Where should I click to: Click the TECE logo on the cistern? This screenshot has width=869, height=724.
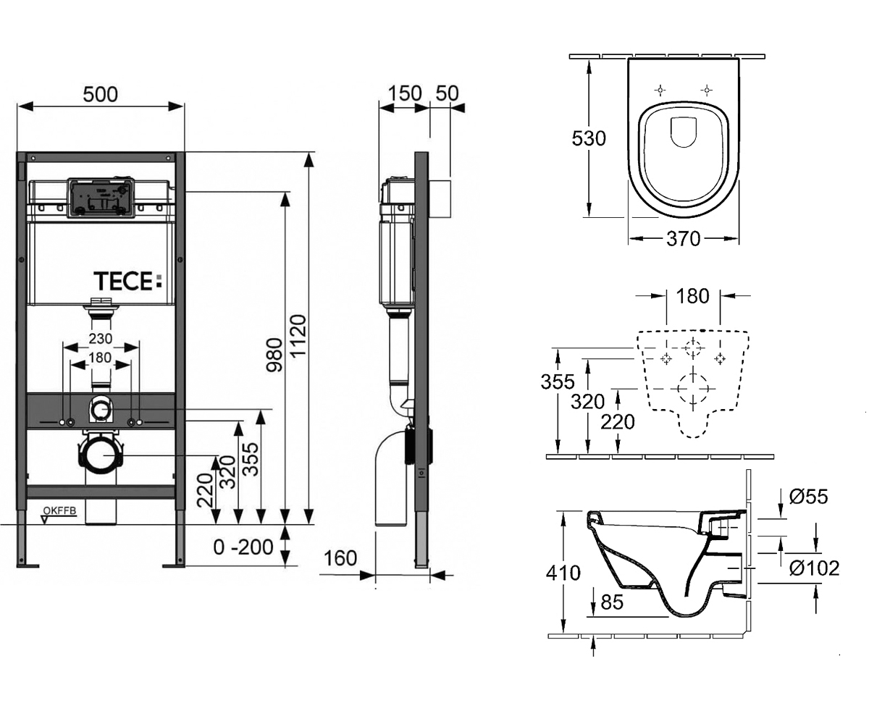pyautogui.click(x=127, y=282)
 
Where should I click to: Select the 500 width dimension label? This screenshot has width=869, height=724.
pyautogui.click(x=101, y=95)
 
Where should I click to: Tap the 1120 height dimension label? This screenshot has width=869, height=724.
pyautogui.click(x=298, y=336)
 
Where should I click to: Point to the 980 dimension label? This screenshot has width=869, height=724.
pyautogui.click(x=274, y=355)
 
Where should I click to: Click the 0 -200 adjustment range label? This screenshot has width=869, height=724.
pyautogui.click(x=243, y=547)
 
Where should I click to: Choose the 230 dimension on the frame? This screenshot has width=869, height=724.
pyautogui.click(x=101, y=339)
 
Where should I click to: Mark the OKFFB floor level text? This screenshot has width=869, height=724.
pyautogui.click(x=60, y=510)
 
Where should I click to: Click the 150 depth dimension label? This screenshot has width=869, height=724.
pyautogui.click(x=405, y=93)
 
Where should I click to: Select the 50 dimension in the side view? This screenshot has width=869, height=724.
pyautogui.click(x=447, y=93)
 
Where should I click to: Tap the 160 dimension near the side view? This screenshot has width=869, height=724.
pyautogui.click(x=340, y=558)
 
